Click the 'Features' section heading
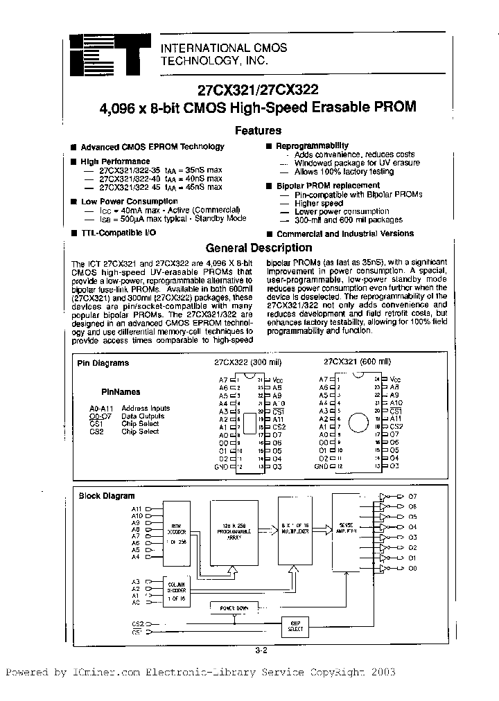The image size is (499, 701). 258,130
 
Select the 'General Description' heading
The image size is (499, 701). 259,247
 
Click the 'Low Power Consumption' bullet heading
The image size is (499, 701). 119,201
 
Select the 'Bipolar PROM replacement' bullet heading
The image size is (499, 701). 328,186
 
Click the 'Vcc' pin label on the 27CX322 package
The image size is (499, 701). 277,380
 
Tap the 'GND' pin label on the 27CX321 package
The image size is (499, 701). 320,467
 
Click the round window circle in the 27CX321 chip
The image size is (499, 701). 357,423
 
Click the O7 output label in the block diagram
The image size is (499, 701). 432,497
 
